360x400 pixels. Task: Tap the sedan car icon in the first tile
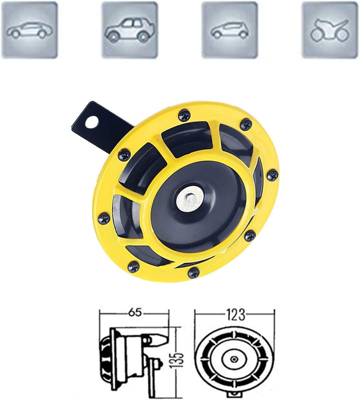tap(29, 30)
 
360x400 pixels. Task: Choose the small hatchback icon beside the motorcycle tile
tap(229, 30)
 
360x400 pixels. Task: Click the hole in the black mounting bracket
tap(91, 121)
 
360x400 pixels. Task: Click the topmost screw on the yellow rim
tap(184, 114)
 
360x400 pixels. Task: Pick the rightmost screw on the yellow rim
tap(272, 175)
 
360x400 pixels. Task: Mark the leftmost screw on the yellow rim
tap(104, 218)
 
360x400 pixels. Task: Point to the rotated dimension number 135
tap(181, 358)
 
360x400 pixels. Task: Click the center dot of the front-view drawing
tap(234, 358)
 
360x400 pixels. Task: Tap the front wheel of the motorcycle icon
tap(317, 35)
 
